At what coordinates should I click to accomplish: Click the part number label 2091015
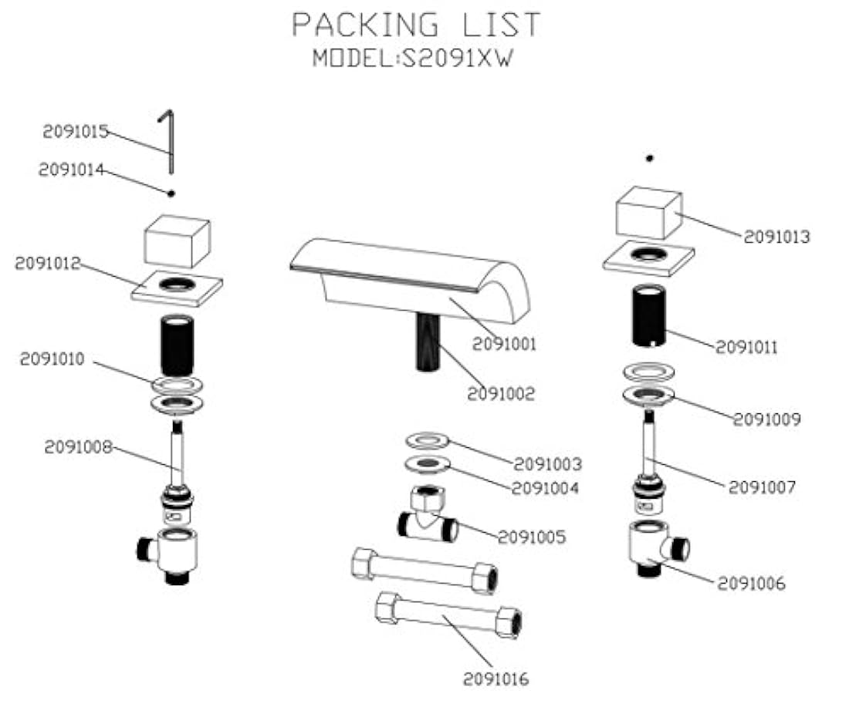pyautogui.click(x=75, y=132)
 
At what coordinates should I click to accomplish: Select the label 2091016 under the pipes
pyautogui.click(x=496, y=679)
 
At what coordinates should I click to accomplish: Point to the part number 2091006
pyautogui.click(x=751, y=584)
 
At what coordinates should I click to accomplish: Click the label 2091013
pyautogui.click(x=776, y=237)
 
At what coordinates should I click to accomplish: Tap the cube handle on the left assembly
pyautogui.click(x=178, y=240)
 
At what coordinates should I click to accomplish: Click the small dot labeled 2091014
pyautogui.click(x=171, y=192)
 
